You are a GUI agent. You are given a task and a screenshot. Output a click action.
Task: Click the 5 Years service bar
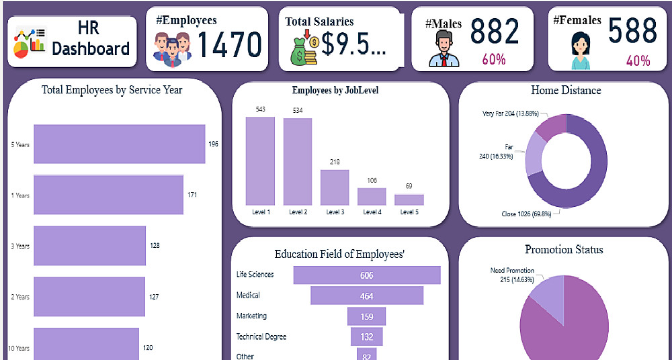(119, 144)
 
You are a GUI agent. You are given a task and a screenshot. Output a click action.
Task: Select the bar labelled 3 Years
(89, 246)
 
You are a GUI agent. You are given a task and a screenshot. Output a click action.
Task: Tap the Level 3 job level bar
(335, 187)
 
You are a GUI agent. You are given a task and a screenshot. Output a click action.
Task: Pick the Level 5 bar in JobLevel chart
(409, 199)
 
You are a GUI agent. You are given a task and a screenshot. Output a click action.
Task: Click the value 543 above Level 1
(260, 109)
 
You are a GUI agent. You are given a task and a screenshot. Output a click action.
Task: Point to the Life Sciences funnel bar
(366, 275)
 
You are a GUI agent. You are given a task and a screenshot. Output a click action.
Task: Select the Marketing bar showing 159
(366, 316)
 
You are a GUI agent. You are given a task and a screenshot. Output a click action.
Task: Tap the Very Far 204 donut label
(510, 114)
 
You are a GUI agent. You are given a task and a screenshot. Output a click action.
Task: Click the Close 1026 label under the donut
(527, 214)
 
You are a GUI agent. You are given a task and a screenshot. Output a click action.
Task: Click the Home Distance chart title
(566, 90)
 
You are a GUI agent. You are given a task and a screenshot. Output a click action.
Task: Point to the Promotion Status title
(564, 250)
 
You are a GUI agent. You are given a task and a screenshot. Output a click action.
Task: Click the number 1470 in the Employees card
(228, 45)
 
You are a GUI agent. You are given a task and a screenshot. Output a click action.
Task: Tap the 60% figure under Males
(493, 60)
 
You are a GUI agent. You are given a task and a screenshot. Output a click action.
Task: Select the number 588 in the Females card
(632, 31)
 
